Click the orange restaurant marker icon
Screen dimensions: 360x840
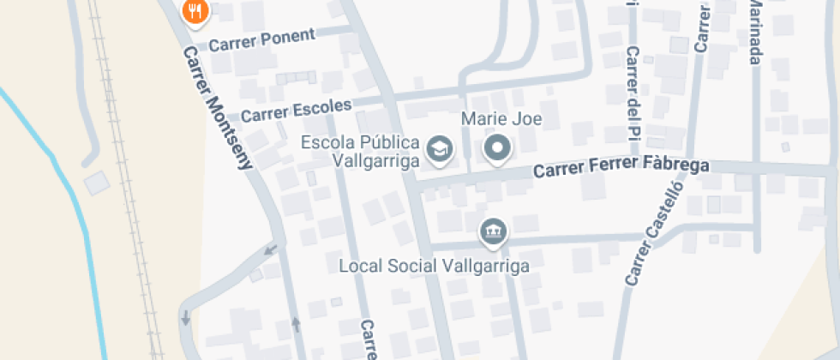click(197, 11)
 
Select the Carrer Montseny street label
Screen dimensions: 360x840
click(218, 106)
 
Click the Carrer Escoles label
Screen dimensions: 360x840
click(296, 111)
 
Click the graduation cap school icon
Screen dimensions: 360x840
click(441, 149)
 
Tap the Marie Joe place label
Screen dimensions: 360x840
click(501, 119)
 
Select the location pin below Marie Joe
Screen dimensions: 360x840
click(497, 149)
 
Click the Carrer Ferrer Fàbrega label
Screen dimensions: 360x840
click(621, 169)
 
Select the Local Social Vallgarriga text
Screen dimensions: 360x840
click(434, 265)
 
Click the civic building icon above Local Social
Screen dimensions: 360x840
click(492, 231)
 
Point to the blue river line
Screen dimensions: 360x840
click(77, 214)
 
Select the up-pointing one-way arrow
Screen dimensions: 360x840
click(297, 324)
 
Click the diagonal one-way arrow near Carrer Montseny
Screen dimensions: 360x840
click(271, 249)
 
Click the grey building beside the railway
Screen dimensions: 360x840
click(96, 182)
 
